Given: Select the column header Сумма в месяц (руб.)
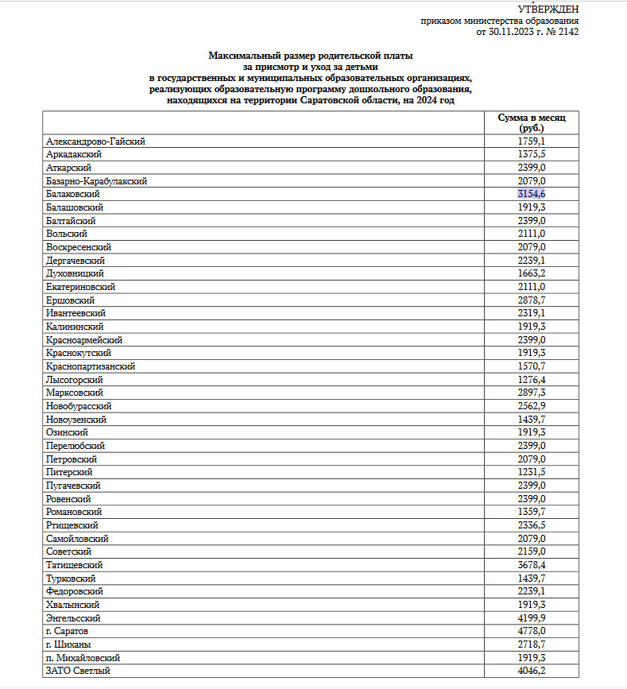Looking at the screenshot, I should click(531, 122).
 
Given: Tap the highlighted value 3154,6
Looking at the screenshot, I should click(531, 194).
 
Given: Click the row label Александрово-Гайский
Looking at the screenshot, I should click(96, 141).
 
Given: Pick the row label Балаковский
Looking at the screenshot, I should click(73, 194).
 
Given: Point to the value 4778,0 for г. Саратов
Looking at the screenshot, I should click(531, 632).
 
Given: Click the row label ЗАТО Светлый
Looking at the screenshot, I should click(78, 672).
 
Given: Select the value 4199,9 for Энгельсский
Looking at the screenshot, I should click(531, 618).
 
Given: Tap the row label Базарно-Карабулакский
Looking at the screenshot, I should click(97, 181).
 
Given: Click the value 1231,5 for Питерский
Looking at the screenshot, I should click(531, 472).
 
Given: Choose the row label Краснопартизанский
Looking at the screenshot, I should click(91, 366).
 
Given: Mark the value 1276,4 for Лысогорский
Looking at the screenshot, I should click(531, 380).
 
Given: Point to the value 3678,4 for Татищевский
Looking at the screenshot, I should click(531, 565).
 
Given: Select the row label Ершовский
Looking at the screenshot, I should click(71, 300).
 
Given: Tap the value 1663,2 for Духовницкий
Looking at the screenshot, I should click(531, 273).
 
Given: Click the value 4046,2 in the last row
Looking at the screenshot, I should click(531, 672).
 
